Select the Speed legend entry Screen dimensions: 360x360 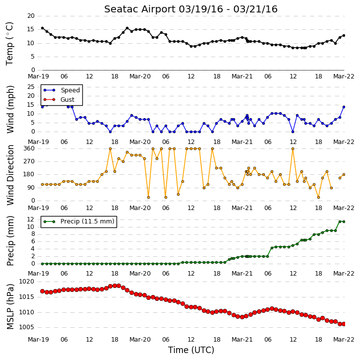(61, 90)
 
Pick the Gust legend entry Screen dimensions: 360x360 (59, 99)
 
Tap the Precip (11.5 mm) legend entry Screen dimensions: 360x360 (79, 221)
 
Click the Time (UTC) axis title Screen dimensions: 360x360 (191, 350)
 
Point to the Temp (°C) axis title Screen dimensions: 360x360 (9, 44)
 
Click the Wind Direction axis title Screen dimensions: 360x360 (10, 175)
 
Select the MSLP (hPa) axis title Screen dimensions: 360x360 (10, 307)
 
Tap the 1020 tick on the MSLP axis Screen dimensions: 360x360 (26, 282)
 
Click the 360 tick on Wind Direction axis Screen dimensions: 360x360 (29, 148)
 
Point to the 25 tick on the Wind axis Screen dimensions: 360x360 (31, 87)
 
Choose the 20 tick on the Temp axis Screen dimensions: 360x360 (31, 16)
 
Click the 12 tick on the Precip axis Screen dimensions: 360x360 (31, 219)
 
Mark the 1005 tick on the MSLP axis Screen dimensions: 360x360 (26, 327)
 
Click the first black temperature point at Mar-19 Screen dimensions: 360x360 (42, 28)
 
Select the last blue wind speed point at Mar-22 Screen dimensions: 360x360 (344, 107)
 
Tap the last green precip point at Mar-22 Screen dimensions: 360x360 (344, 221)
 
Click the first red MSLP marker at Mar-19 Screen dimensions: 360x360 (42, 291)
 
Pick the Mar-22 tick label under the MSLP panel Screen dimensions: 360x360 (344, 340)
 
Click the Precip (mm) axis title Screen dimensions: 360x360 (10, 241)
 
